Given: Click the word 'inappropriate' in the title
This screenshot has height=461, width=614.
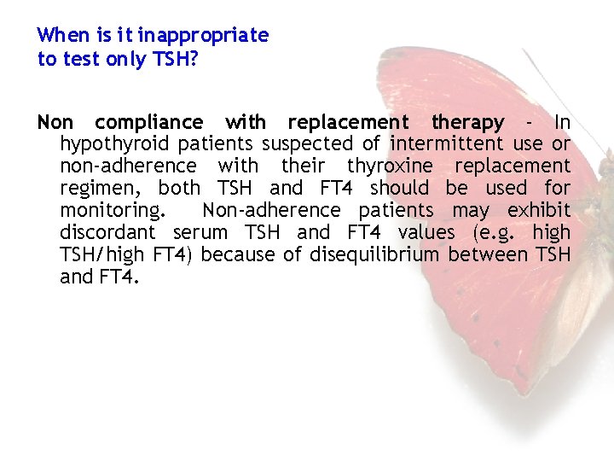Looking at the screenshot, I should (x=203, y=36).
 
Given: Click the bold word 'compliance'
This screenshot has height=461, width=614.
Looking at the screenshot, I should (x=149, y=122).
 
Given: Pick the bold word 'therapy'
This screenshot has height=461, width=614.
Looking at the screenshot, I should (x=468, y=122).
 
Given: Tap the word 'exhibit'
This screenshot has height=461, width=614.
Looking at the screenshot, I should (x=540, y=211).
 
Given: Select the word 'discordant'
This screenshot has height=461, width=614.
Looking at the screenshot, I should (x=108, y=233).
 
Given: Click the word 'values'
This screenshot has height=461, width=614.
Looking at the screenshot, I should (x=426, y=233).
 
